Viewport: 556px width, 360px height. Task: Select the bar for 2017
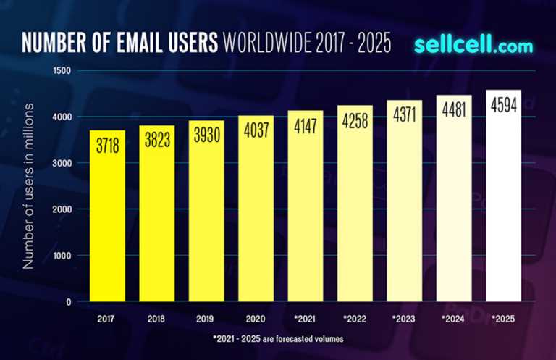pos(107,217)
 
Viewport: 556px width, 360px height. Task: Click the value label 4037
pos(256,135)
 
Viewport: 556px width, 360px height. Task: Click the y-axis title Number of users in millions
pos(28,186)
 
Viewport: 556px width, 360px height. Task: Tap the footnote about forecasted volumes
pos(278,338)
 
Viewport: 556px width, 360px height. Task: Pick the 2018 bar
pos(157,225)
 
